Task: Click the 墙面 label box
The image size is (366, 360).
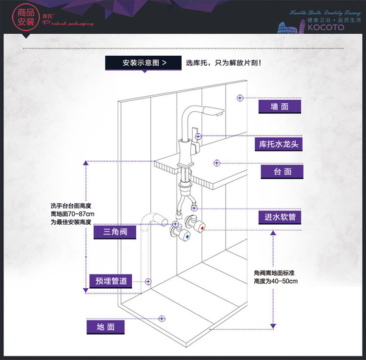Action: pos(280,106)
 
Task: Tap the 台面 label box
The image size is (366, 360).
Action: pos(282,171)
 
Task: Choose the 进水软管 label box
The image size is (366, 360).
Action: pos(280,217)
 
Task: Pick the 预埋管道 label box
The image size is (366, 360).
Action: pos(111,281)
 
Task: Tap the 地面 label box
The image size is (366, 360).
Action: pos(105,327)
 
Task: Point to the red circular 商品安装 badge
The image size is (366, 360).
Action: pos(26,18)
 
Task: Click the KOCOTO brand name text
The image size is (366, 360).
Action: pos(326,27)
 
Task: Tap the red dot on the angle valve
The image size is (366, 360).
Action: pos(202,228)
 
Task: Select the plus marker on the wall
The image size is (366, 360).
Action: pos(240,98)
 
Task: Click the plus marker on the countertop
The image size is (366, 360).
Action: pos(217,163)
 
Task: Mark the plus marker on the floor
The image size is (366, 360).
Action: pos(162,318)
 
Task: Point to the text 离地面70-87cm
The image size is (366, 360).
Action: pos(72,214)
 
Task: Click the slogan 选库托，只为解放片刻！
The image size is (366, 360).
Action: pos(224,63)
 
